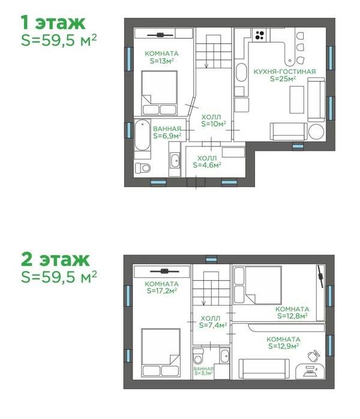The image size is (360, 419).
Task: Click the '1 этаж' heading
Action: [x=53, y=22]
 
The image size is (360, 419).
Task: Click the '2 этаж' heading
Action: [x=55, y=259]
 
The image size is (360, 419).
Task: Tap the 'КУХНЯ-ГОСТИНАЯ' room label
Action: [x=284, y=71]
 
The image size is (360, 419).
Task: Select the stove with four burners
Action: [x=259, y=35]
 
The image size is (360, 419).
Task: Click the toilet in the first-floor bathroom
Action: [x=143, y=168]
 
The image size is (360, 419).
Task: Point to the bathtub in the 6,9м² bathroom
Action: [x=142, y=135]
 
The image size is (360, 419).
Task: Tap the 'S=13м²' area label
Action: [x=162, y=61]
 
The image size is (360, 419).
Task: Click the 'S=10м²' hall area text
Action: [x=214, y=124]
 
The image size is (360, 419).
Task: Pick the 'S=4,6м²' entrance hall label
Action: [x=207, y=165]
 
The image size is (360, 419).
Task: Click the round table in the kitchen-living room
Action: [x=316, y=131]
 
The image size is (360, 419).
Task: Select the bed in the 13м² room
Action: [x=159, y=93]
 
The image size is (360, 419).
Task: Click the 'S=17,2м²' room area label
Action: [x=162, y=291]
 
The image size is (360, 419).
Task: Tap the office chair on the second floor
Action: [x=314, y=355]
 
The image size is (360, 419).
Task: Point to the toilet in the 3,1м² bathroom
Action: [x=198, y=356]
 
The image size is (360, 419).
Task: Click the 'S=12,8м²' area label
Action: [x=292, y=316]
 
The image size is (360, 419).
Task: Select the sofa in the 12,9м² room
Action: [x=264, y=369]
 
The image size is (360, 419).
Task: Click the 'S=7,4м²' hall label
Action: [x=213, y=325]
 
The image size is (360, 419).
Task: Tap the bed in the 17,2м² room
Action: [x=161, y=353]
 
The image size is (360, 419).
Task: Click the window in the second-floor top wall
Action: [x=211, y=259]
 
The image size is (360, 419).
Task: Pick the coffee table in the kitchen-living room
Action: [x=297, y=100]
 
